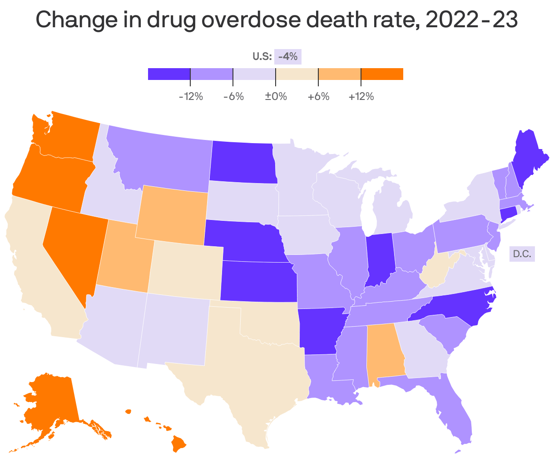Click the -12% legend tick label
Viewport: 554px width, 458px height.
pyautogui.click(x=190, y=96)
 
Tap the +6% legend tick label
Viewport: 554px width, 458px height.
pyautogui.click(x=318, y=96)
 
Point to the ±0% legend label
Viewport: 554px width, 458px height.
pyautogui.click(x=276, y=96)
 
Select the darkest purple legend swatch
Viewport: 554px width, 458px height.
pyautogui.click(x=169, y=74)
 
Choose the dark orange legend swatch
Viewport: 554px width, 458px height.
pyautogui.click(x=382, y=74)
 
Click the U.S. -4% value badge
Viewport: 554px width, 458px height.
pyautogui.click(x=288, y=57)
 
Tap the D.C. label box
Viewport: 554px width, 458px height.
pyautogui.click(x=522, y=254)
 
